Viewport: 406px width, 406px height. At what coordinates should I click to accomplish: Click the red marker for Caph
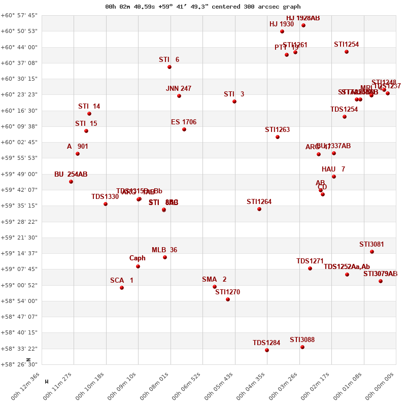[x=138, y=266]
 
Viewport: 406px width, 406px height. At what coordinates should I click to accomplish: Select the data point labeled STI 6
[x=170, y=67]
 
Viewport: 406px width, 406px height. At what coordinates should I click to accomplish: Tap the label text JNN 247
[x=179, y=89]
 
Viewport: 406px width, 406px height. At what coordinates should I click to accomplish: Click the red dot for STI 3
[x=234, y=101]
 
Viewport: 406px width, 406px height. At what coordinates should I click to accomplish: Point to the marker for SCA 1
[x=122, y=288]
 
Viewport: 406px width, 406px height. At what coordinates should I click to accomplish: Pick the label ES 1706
[x=184, y=122]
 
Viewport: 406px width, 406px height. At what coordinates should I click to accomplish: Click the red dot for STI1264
[x=259, y=209]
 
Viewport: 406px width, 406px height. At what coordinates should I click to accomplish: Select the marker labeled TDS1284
[x=267, y=350]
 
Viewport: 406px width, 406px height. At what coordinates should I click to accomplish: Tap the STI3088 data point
[x=302, y=347]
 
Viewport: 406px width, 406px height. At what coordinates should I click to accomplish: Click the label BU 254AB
[x=71, y=175]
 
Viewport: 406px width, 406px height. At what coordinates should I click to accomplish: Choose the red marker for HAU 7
[x=334, y=177]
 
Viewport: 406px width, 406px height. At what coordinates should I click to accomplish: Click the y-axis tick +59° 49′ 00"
[x=19, y=174]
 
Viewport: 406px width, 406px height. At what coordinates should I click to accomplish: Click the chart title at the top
[x=203, y=7]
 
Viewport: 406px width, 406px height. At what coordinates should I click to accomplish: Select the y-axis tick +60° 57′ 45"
[x=19, y=16]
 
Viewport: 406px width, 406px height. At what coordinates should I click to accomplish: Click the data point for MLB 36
[x=165, y=257]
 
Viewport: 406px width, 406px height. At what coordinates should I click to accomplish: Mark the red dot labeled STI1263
[x=278, y=137]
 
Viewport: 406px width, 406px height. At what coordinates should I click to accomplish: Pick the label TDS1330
[x=105, y=197]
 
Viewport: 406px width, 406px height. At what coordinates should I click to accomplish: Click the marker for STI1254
[x=347, y=52]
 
